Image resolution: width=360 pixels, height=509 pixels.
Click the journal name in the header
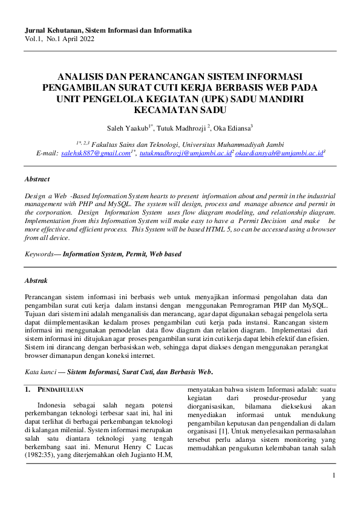[108, 30]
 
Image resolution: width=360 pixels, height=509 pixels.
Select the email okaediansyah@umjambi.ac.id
[279, 154]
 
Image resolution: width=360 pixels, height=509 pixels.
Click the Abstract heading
[37, 179]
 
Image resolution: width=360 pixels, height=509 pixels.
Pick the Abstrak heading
[36, 281]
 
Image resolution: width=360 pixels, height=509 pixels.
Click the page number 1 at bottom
[333, 476]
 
